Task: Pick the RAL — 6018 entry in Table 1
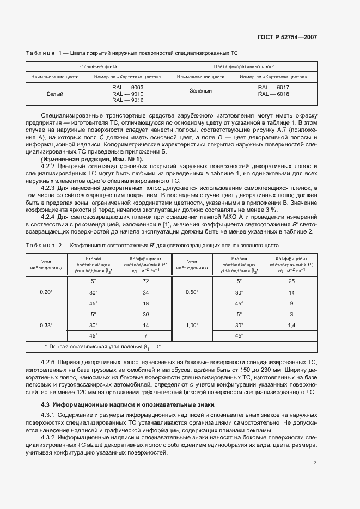point(273,94)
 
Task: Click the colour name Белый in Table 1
point(56,94)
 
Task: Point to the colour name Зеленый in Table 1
point(200,90)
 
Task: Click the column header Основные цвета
point(99,65)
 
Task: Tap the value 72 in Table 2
point(145,281)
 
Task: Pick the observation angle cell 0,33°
point(46,325)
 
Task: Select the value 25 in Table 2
point(291,281)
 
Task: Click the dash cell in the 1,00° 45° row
point(291,335)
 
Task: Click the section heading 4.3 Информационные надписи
point(128,404)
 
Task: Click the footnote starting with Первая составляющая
point(103,346)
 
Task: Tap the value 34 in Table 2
point(145,292)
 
